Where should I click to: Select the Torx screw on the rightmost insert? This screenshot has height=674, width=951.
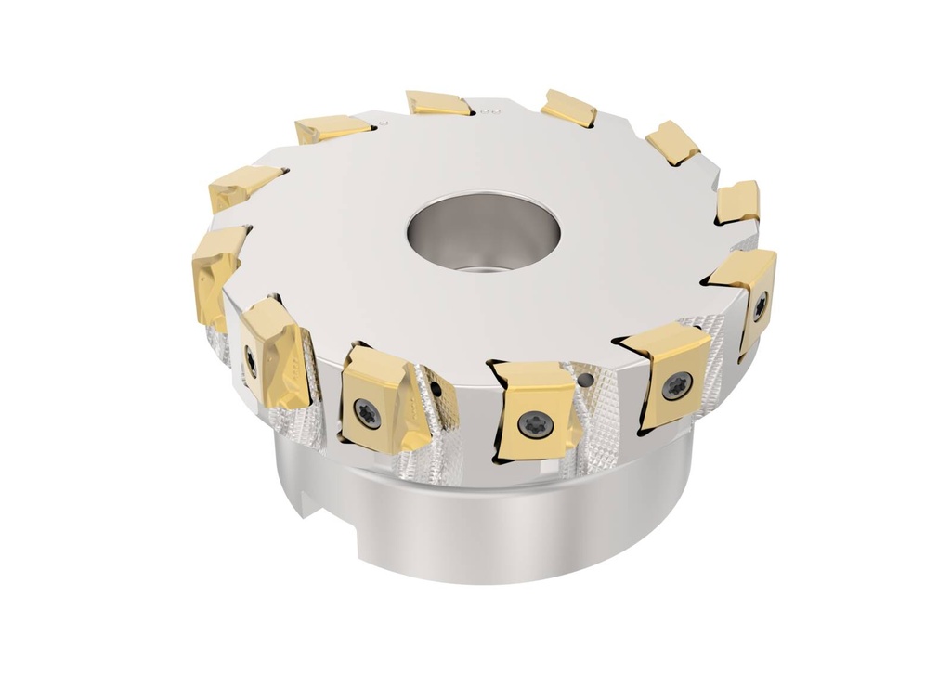click(759, 304)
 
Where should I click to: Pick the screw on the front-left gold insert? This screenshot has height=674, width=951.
click(369, 416)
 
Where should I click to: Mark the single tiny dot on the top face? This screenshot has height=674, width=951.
click(389, 120)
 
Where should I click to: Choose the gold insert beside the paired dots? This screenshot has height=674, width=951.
click(439, 103)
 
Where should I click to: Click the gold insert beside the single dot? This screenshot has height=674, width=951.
click(332, 128)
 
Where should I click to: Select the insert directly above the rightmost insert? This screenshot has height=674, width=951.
click(738, 201)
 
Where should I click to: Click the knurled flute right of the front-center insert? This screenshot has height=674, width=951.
click(604, 408)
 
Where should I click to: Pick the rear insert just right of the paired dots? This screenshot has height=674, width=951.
click(568, 108)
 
